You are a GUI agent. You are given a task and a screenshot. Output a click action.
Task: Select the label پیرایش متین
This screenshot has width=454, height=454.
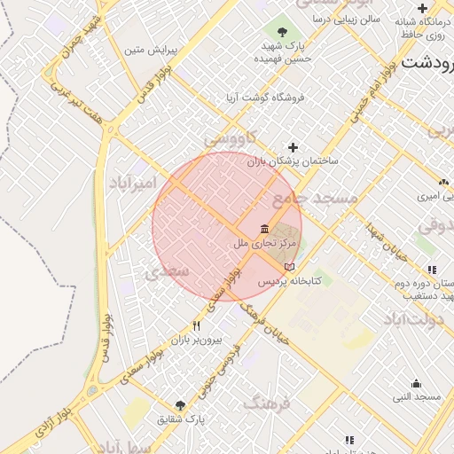coord(153,51)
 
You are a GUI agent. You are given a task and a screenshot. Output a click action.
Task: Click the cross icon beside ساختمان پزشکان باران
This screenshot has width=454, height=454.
coord(294,147)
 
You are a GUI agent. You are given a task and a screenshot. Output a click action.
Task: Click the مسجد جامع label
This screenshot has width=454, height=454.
coord(315,197)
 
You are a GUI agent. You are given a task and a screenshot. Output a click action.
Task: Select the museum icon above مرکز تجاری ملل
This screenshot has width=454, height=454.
coord(264,229)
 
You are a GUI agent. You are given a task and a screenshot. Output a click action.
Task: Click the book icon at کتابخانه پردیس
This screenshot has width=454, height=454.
coord(289,267)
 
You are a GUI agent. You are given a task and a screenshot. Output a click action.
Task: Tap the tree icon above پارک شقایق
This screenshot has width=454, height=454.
coord(181,404)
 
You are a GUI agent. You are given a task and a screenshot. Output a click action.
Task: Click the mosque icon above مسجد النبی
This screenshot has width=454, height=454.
coord(417,383)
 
